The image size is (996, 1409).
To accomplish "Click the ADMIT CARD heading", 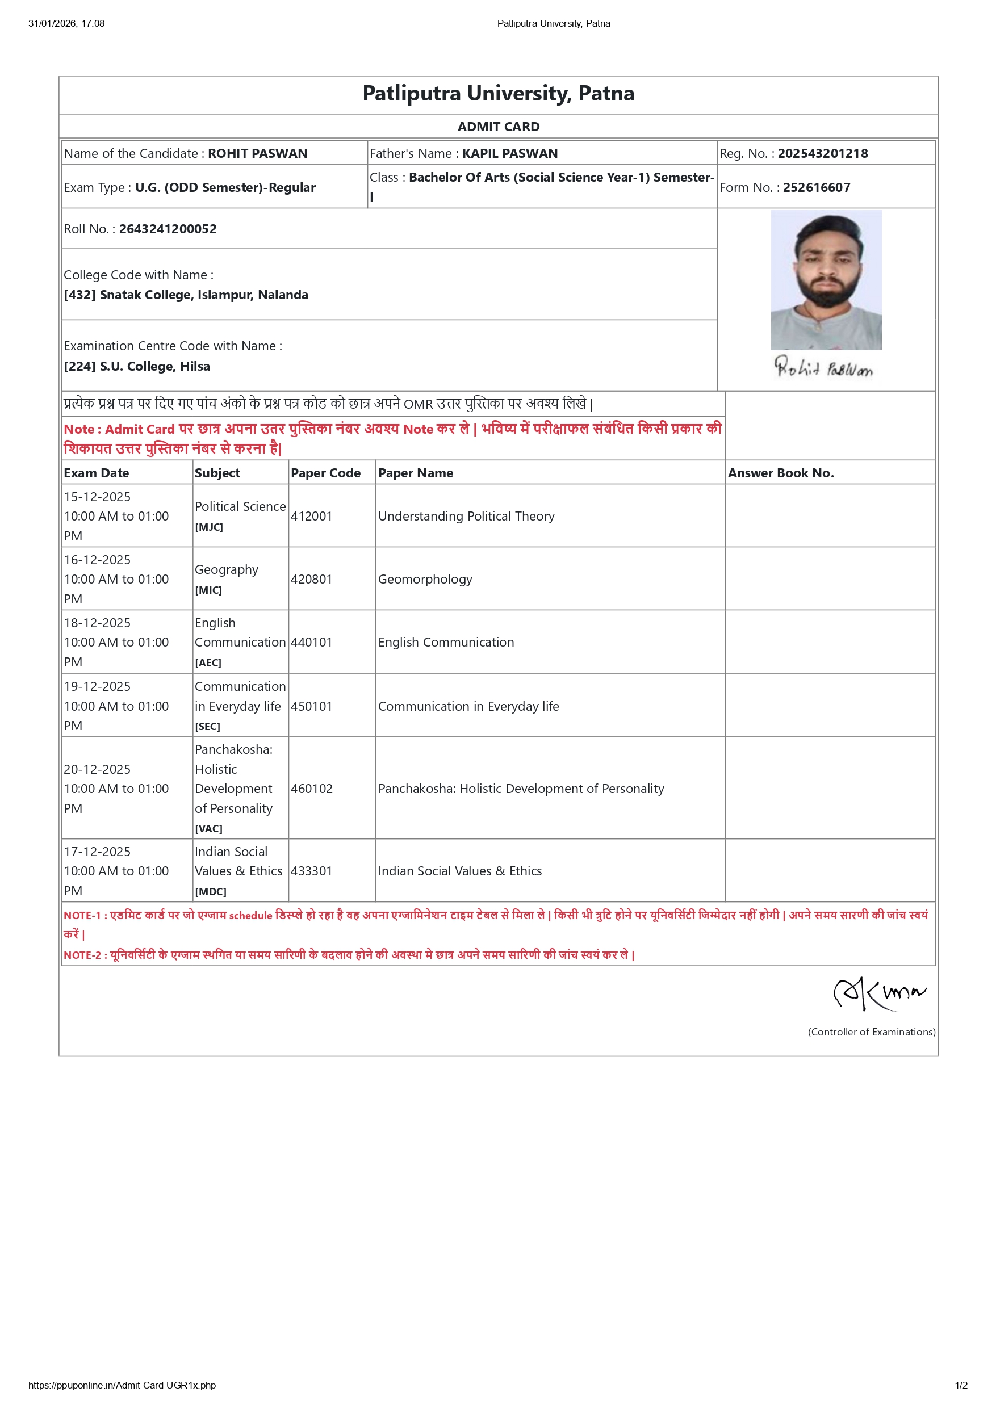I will click(x=499, y=127).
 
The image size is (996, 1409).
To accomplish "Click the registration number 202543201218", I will click(x=822, y=153).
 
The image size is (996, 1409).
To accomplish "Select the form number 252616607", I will click(x=816, y=188).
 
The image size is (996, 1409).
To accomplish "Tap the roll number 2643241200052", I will click(x=168, y=229).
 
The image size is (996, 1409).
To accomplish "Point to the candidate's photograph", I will click(x=826, y=280).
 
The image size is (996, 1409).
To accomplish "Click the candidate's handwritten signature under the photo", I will click(x=823, y=368).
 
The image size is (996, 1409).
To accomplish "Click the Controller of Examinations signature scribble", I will click(x=879, y=992).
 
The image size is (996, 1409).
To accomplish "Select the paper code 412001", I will click(x=311, y=516).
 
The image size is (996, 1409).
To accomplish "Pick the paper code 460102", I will click(x=311, y=789).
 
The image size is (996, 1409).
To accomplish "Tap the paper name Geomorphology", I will click(x=425, y=579).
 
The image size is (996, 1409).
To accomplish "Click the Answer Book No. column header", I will click(x=781, y=473).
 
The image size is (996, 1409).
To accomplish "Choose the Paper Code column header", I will click(x=325, y=473).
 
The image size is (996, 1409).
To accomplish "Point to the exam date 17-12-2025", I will click(x=97, y=852).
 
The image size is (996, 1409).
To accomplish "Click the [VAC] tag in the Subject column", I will click(x=208, y=828).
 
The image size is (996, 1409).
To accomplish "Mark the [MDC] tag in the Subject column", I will click(x=211, y=892).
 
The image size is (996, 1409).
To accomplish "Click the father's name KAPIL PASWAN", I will click(x=510, y=153).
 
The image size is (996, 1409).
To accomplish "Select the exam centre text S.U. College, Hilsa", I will click(x=154, y=366).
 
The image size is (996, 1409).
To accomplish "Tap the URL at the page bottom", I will click(x=122, y=1385).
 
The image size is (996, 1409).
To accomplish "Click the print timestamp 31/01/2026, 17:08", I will click(x=66, y=23).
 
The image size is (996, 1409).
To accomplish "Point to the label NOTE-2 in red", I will click(x=82, y=955).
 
